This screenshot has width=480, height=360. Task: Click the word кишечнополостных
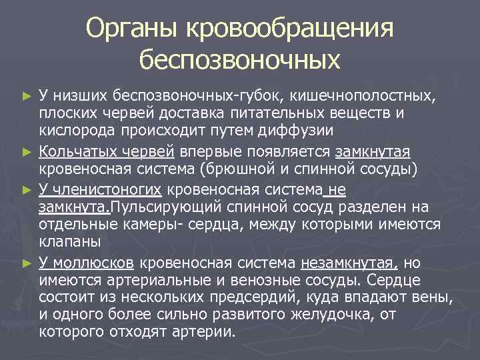click(x=369, y=96)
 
